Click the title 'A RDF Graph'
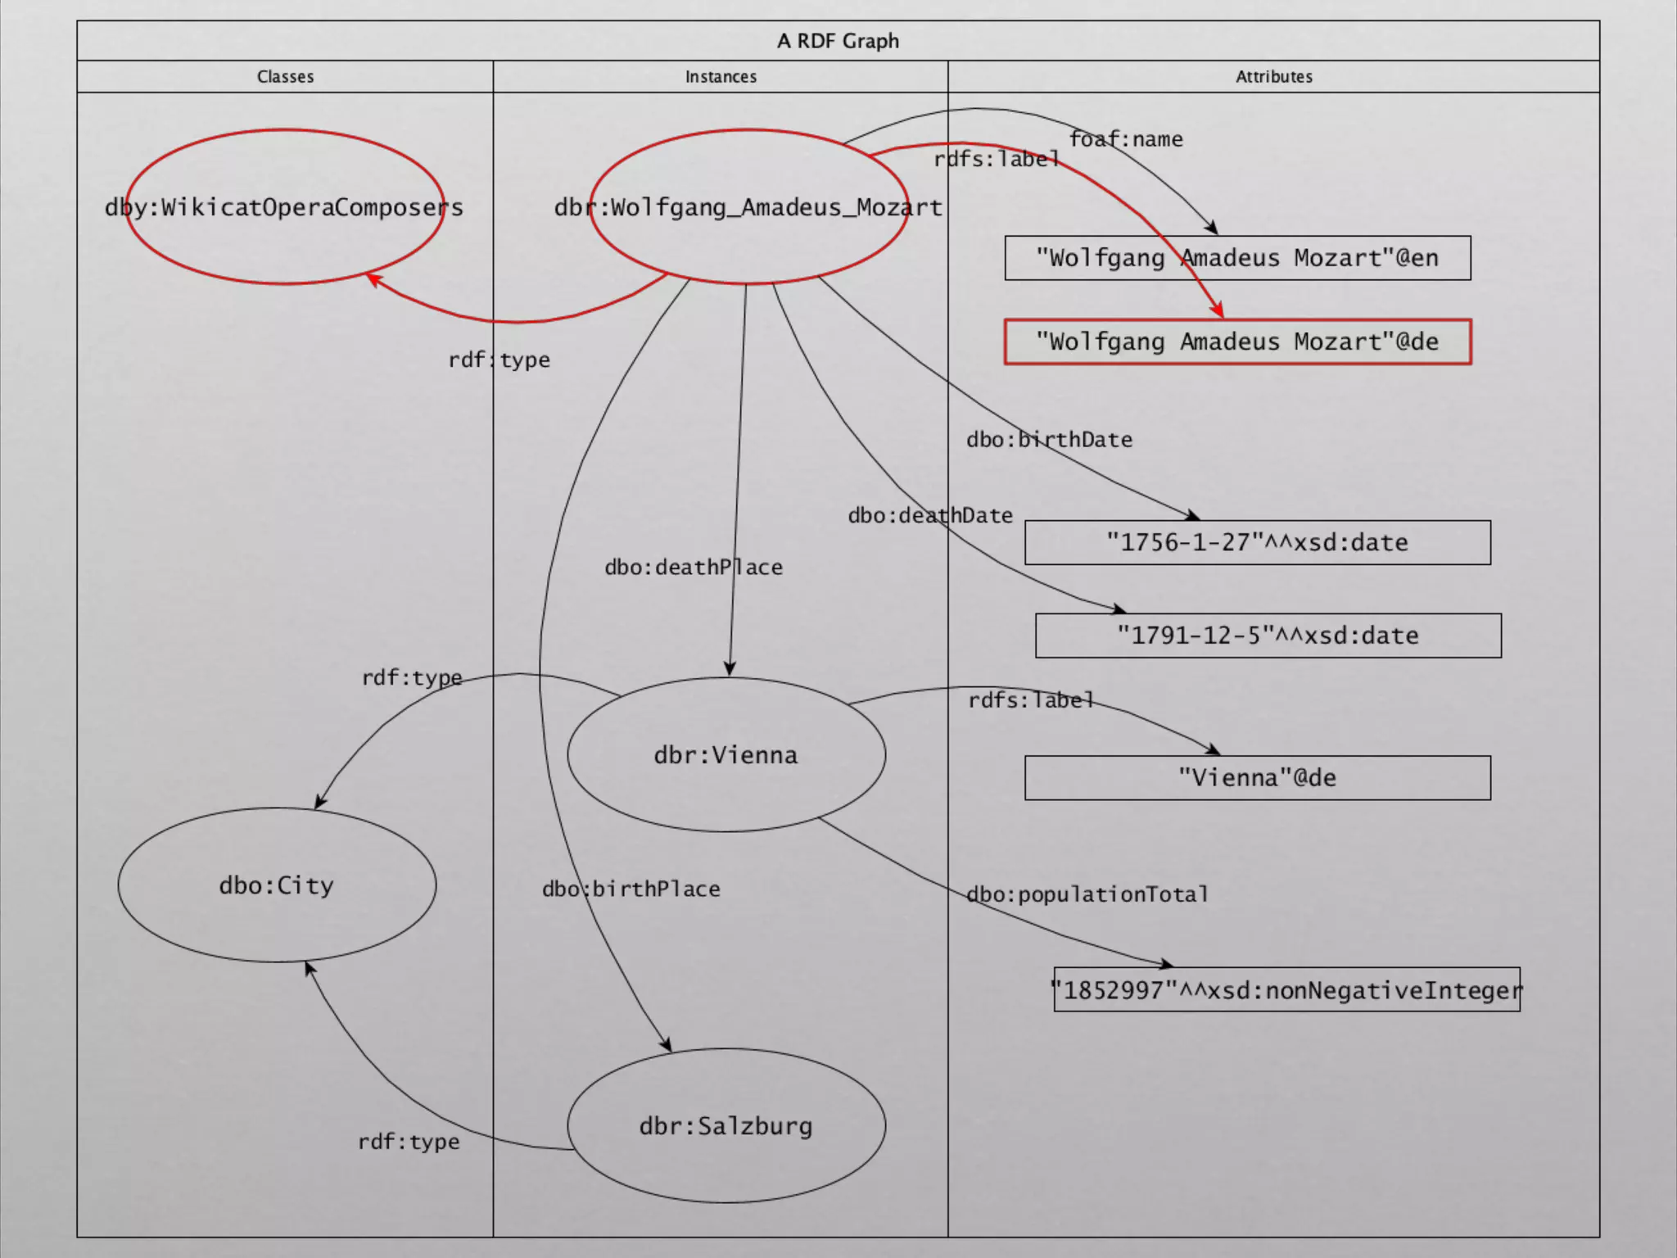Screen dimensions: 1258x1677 (838, 41)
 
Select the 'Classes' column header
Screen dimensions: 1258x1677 (285, 77)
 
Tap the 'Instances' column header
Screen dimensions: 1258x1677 (721, 77)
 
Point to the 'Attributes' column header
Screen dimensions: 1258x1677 (1273, 77)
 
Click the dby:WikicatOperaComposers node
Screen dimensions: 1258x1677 (284, 207)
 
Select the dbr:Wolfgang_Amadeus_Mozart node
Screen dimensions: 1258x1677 (748, 207)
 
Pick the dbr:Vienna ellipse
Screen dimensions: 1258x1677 (725, 754)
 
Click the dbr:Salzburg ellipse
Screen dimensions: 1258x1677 (725, 1126)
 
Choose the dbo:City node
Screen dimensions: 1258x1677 (277, 885)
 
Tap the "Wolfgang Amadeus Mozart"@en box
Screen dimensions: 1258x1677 (1237, 258)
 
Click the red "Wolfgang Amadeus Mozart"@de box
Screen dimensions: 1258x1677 (1237, 342)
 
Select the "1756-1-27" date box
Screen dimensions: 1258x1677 (1257, 542)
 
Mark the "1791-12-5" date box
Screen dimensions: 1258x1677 (1268, 636)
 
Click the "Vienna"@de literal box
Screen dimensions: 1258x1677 (1257, 777)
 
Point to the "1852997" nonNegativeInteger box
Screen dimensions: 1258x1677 (1286, 990)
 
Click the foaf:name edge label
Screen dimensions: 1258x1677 (1126, 139)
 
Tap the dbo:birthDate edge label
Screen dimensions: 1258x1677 (1049, 440)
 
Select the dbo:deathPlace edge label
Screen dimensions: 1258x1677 (694, 567)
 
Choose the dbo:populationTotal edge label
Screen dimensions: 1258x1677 (1087, 894)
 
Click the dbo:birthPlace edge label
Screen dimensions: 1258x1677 (631, 889)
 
